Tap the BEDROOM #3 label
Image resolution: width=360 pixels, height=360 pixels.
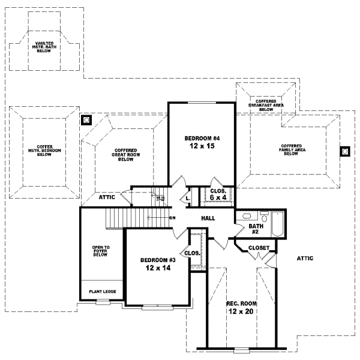pos(158,260)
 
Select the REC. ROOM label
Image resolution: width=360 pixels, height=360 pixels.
pos(242,303)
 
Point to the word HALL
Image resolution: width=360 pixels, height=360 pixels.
pos(208,218)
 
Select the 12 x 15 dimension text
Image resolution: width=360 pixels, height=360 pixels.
pos(200,146)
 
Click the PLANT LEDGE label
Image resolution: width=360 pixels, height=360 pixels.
pos(102,292)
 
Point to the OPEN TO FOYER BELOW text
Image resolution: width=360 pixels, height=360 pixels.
pos(100,251)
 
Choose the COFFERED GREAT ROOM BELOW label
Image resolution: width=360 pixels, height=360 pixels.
pos(125,155)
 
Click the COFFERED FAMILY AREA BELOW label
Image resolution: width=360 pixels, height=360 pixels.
pos(291,149)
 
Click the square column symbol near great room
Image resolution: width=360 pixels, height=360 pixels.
pos(86,120)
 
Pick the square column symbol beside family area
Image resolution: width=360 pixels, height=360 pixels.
pos(345,151)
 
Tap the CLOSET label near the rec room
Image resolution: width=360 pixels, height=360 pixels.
pos(259,247)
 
